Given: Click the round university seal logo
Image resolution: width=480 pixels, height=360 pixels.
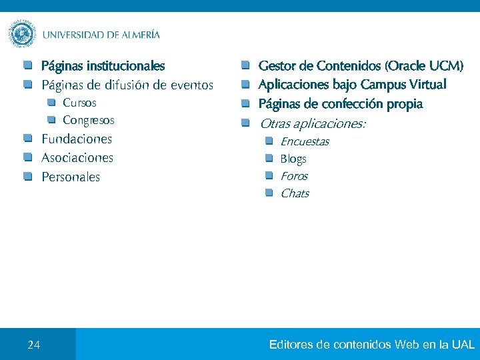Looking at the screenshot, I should coord(23,34).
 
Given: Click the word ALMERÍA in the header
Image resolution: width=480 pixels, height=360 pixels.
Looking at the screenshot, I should coord(141,35).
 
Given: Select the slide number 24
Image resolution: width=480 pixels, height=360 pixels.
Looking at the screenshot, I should coord(34,345).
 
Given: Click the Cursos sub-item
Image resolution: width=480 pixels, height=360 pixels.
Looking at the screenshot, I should coord(79,103).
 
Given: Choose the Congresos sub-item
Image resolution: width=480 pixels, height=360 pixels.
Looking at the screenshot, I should coord(89,120).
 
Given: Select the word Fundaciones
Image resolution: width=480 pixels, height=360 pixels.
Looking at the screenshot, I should coord(77,139).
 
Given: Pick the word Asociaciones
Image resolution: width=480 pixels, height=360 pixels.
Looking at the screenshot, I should coord(77,158).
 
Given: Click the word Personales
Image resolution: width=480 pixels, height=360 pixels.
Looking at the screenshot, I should coord(71,177).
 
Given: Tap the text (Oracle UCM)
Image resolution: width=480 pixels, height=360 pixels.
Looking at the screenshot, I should coord(427,66).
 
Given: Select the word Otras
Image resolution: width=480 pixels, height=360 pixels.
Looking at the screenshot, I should coord(274,124).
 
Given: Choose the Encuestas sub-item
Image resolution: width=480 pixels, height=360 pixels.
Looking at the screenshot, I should coord(305,141).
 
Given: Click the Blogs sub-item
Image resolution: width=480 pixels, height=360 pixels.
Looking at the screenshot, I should coord(293,159).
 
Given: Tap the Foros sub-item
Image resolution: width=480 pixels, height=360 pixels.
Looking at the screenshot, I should coord(294,176).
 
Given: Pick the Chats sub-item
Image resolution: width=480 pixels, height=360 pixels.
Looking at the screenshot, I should coord(295,193).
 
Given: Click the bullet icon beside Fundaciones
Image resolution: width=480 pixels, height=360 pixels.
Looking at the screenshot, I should coord(27,139).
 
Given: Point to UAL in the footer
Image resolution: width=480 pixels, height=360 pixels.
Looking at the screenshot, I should coord(463,345).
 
